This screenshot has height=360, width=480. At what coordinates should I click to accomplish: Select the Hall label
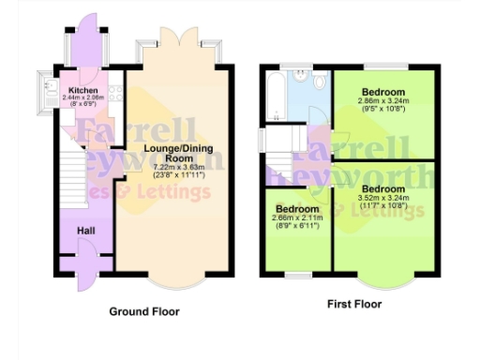[x=85, y=230]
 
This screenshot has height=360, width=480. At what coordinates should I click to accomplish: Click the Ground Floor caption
[x=144, y=311]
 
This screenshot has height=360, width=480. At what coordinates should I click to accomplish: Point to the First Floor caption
[x=352, y=304]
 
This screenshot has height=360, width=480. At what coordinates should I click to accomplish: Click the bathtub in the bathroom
[x=274, y=96]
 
